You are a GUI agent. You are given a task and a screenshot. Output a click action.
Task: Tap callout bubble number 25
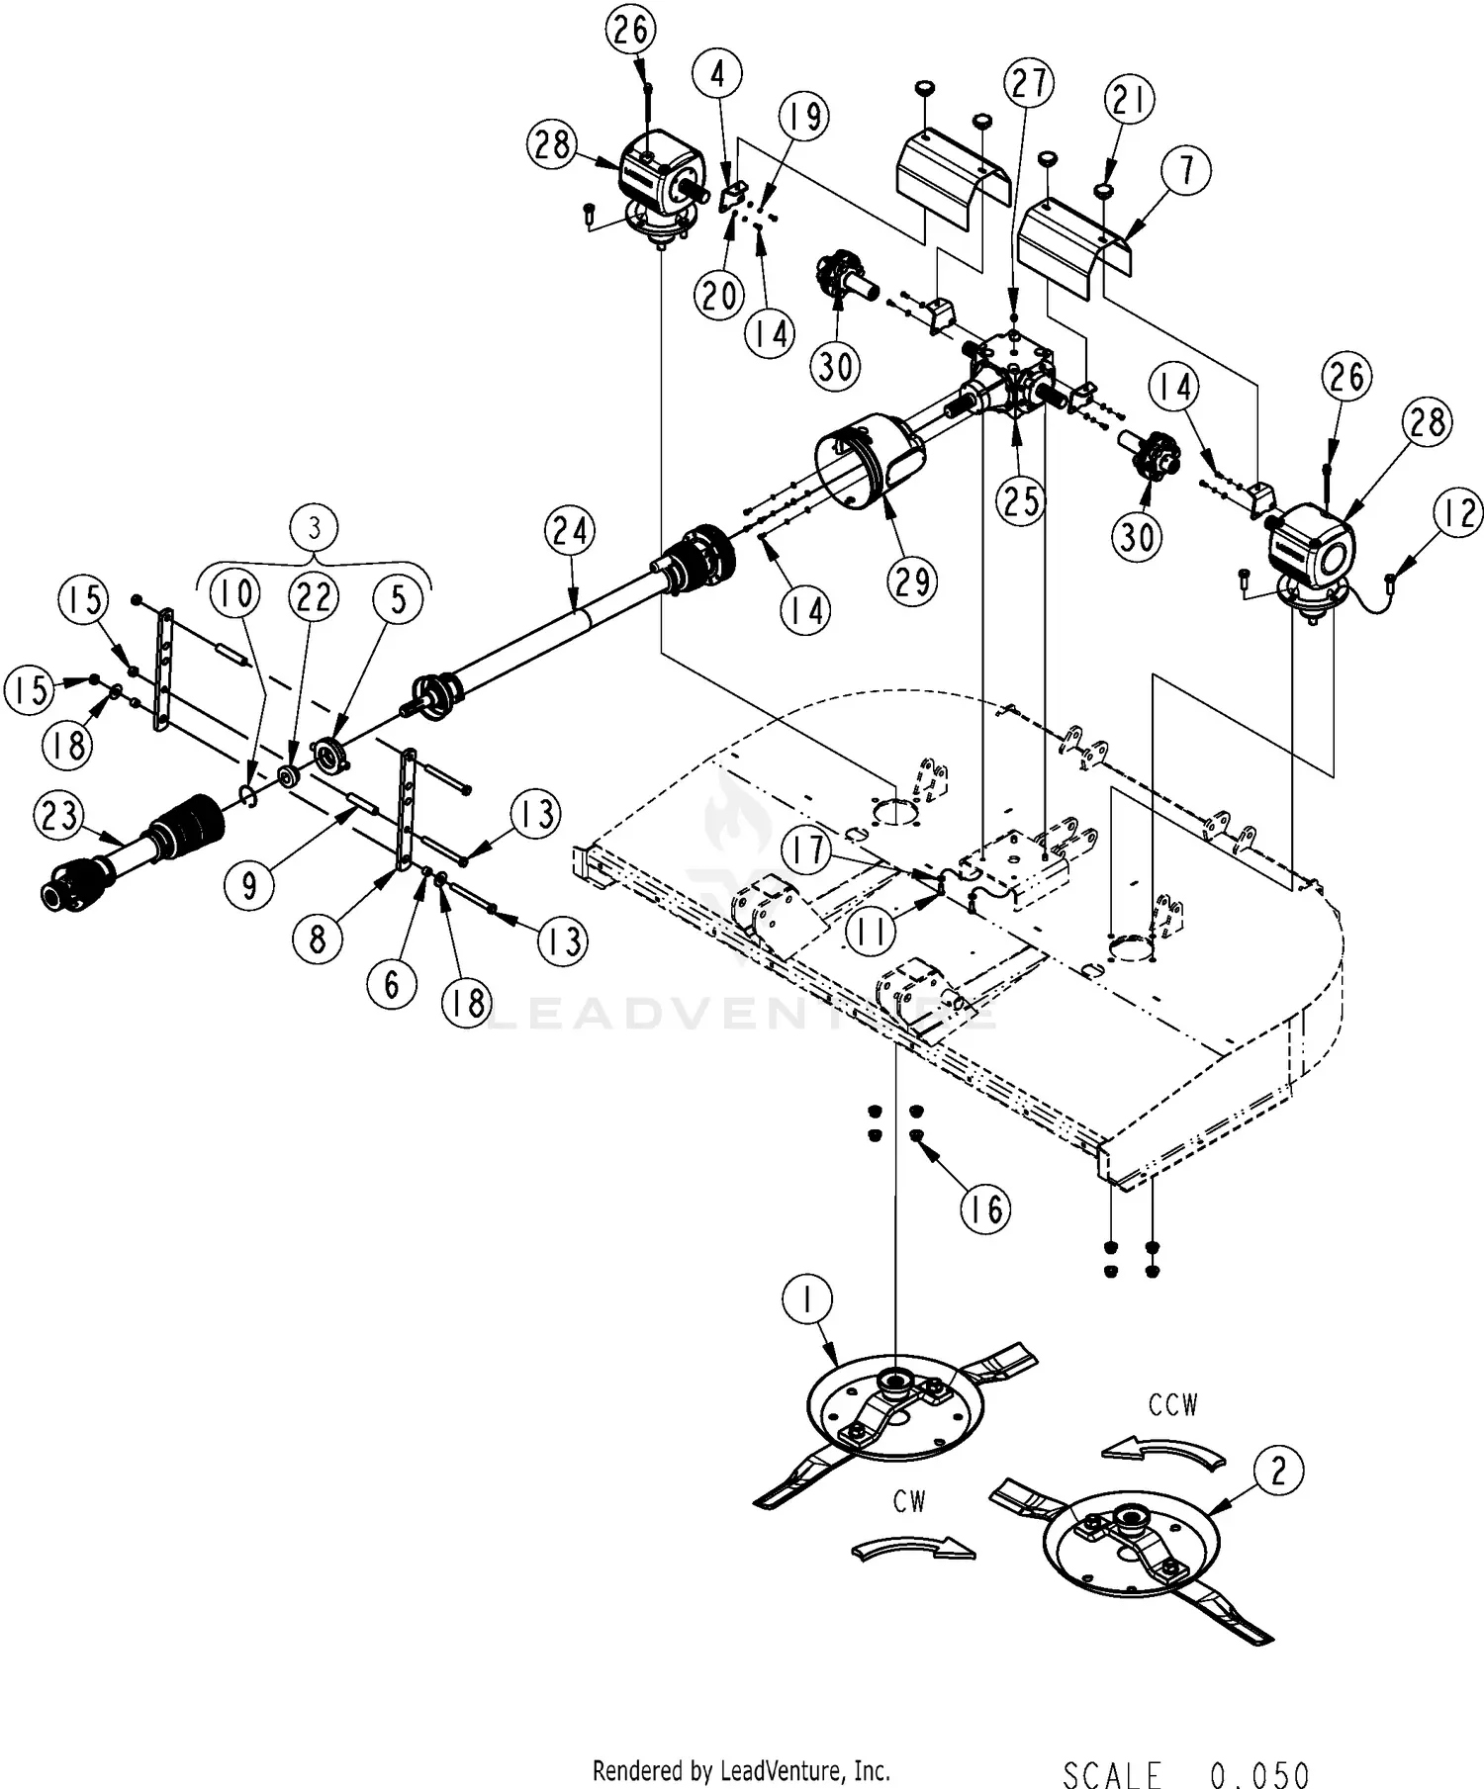coord(1020,499)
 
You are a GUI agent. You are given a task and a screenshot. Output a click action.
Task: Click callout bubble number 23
coord(59,817)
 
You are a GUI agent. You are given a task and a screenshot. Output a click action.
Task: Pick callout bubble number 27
coord(1029,84)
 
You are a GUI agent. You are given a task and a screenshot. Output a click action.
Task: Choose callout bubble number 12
coord(1457,515)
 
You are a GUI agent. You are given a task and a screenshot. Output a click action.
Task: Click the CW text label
coord(908,1501)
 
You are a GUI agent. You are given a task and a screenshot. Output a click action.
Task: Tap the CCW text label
coord(1173,1405)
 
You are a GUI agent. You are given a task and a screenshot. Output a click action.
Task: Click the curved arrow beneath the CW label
coord(912,1548)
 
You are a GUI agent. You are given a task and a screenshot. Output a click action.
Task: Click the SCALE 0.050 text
coord(1186,1774)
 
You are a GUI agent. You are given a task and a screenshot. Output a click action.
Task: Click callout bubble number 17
coord(808,850)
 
